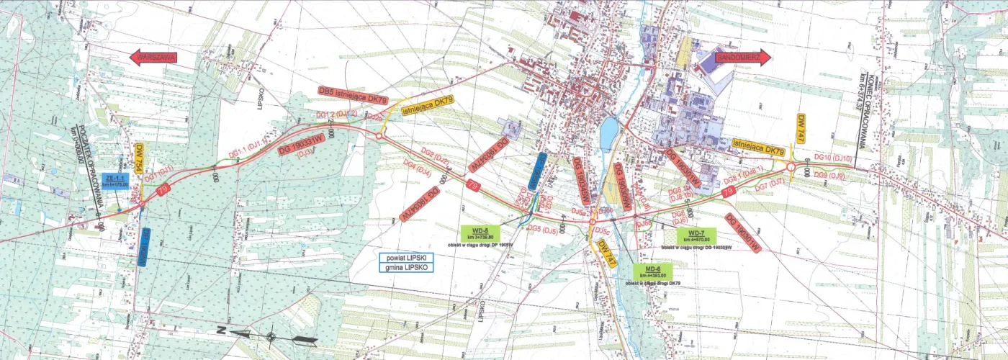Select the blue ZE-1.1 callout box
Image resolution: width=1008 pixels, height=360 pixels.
(x=116, y=180)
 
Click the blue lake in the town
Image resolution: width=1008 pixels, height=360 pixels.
(x=608, y=132)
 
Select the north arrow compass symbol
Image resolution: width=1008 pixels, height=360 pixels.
(x=270, y=336)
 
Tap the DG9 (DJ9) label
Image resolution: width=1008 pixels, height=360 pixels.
(x=827, y=176)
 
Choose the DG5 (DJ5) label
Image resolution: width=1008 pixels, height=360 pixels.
(x=541, y=230)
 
